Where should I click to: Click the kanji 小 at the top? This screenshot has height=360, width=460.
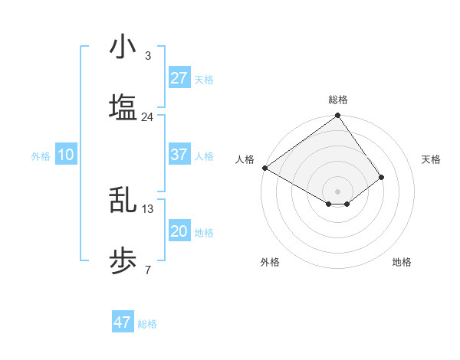[123, 47]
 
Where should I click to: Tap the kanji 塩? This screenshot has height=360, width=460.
[123, 107]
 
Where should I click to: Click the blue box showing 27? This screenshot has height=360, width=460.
[179, 78]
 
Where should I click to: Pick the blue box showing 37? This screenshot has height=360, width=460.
[179, 155]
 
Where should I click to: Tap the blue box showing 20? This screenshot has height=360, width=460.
[179, 231]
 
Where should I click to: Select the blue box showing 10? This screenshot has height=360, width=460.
[66, 155]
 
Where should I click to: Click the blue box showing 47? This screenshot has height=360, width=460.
[123, 322]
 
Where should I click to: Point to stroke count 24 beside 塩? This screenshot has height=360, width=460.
[147, 116]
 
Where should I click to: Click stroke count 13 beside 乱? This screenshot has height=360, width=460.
[148, 208]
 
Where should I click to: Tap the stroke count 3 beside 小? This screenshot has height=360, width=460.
[147, 55]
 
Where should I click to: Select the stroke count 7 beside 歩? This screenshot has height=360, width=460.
[147, 270]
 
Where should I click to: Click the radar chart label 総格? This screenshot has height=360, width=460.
[337, 100]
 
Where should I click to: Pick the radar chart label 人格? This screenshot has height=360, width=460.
[245, 159]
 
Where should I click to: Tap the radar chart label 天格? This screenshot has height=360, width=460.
[431, 159]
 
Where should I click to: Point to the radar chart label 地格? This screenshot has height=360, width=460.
[402, 262]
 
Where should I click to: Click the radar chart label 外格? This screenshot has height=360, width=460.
[270, 262]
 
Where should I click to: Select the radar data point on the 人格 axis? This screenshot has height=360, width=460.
[264, 168]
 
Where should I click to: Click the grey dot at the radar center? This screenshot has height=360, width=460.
[337, 191]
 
